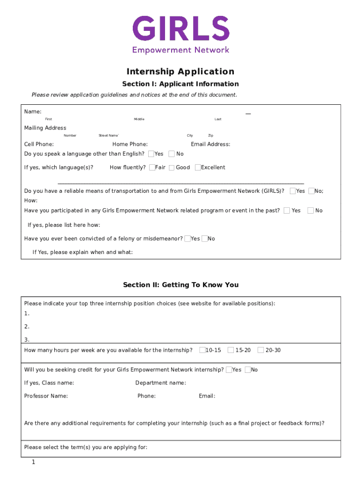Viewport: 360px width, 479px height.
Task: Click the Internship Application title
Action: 180,72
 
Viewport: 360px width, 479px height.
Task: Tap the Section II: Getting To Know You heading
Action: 180,285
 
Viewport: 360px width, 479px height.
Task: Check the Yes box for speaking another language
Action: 151,154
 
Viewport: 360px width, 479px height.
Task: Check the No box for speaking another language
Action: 172,154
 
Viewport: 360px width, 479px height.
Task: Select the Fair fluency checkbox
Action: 152,167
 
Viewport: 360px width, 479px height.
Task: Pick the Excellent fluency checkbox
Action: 198,167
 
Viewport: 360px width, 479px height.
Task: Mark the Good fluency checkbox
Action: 172,167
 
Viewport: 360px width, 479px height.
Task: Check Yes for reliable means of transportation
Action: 293,191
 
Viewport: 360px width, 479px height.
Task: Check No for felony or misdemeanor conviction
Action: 204,239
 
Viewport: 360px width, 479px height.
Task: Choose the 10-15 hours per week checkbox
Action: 202,350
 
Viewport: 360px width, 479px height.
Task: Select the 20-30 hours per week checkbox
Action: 261,350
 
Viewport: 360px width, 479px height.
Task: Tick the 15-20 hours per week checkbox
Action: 231,350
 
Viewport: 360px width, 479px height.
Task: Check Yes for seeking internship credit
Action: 229,370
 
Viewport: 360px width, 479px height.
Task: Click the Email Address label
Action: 210,144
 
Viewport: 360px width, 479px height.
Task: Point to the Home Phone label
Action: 130,144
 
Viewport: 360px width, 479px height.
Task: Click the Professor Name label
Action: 46,396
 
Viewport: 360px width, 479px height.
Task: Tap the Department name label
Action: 160,383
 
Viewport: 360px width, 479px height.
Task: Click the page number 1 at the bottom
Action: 34,462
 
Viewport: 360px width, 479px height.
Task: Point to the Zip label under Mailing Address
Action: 210,136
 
